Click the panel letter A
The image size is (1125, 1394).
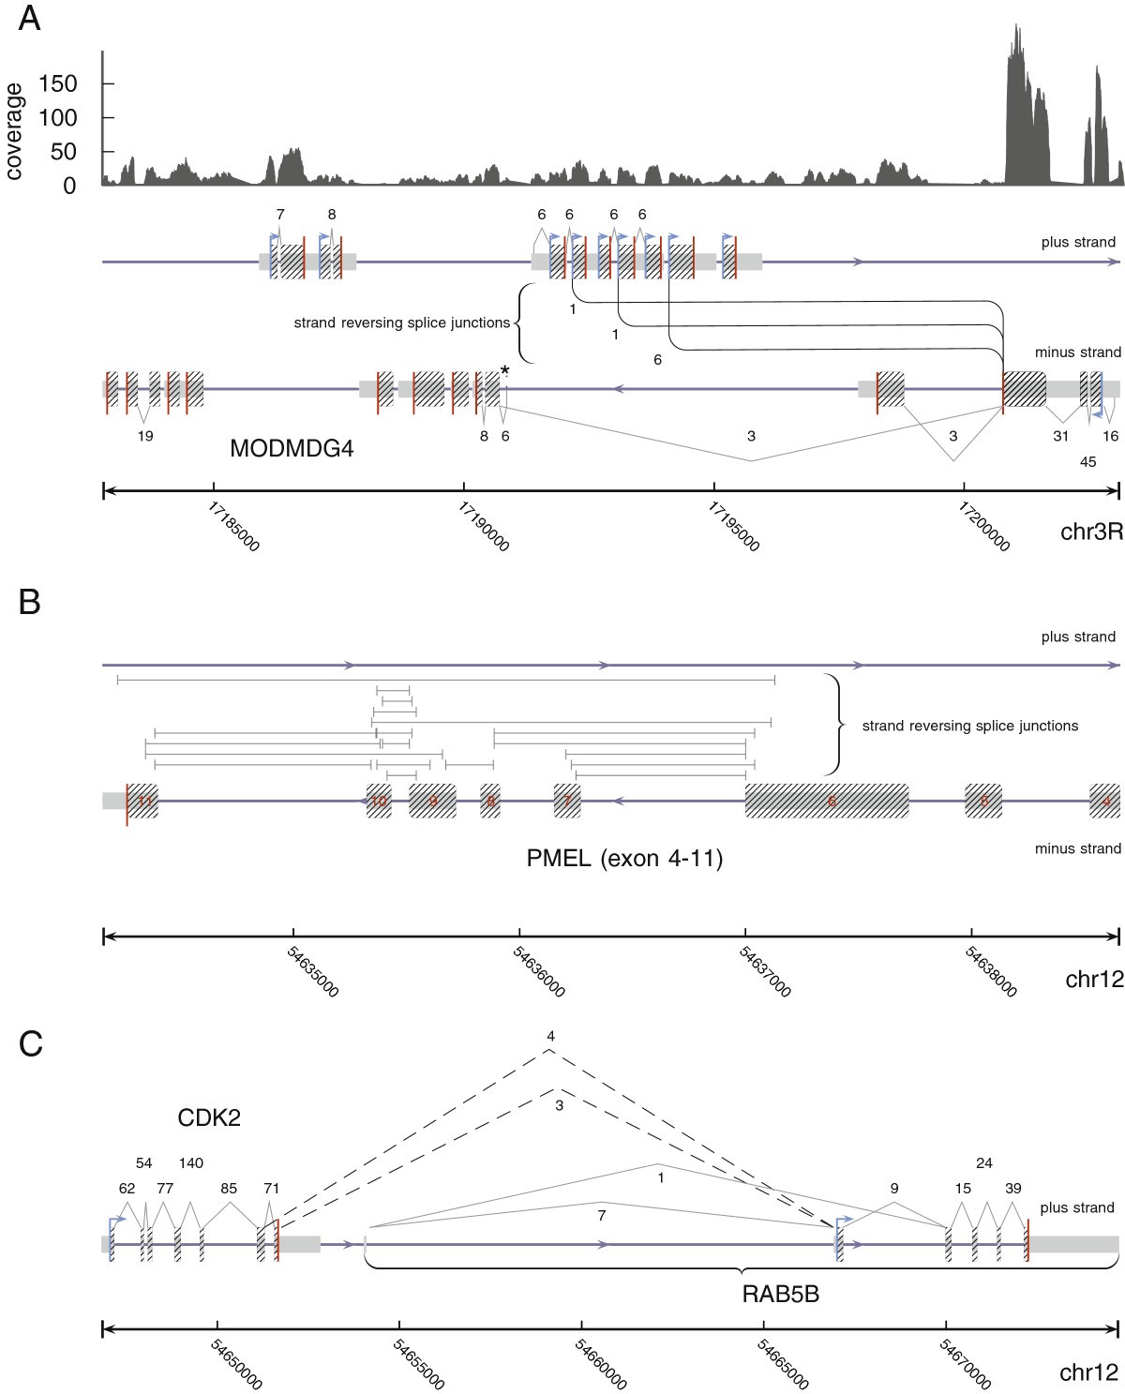pyautogui.click(x=30, y=18)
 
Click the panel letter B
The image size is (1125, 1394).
pyautogui.click(x=30, y=602)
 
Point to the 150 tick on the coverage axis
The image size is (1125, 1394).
pyautogui.click(x=58, y=84)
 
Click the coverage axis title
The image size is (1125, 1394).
pyautogui.click(x=14, y=131)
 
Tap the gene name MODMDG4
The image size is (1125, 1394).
pyautogui.click(x=292, y=449)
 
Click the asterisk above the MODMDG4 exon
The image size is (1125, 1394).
pyautogui.click(x=505, y=371)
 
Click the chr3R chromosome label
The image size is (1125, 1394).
pyautogui.click(x=1091, y=506)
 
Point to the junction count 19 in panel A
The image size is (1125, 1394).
pyautogui.click(x=145, y=436)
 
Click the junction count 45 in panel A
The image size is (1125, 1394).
pyautogui.click(x=1087, y=461)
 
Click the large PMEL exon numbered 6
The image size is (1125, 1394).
pyautogui.click(x=827, y=802)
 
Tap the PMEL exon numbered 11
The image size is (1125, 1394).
pyautogui.click(x=142, y=802)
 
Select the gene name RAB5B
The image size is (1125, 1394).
pyautogui.click(x=780, y=1295)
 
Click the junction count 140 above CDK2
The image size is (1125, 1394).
pyautogui.click(x=190, y=1163)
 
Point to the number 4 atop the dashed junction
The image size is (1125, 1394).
pyautogui.click(x=550, y=1036)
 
